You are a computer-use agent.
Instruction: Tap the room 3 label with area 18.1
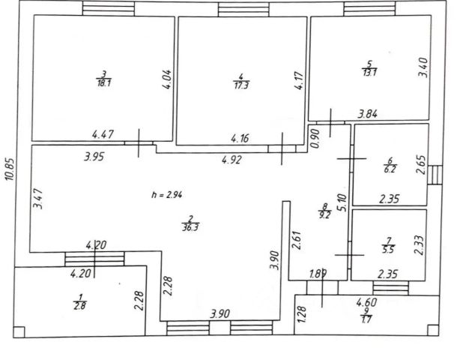pos(103,79)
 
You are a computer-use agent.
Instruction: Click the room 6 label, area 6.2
pos(390,164)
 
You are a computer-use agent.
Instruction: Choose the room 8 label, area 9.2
pos(324,211)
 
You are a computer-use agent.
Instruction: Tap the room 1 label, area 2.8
pos(78,300)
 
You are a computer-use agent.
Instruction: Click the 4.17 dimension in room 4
pos(299,80)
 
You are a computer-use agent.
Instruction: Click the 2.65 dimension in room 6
pos(421,165)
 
